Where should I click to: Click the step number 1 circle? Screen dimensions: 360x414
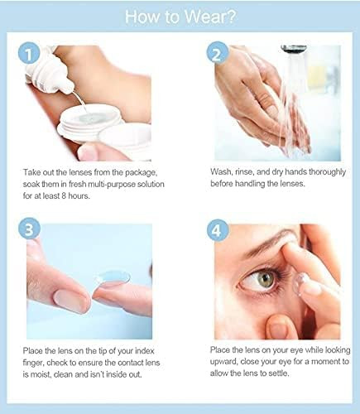(x=29, y=55)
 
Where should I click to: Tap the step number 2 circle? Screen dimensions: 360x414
(x=218, y=53)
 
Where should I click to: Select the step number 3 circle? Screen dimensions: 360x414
(x=29, y=229)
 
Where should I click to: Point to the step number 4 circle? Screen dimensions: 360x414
(x=218, y=230)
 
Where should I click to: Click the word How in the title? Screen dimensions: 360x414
(x=142, y=17)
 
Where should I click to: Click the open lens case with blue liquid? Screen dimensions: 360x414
(x=90, y=122)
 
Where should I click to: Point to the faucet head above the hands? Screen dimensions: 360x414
(x=294, y=49)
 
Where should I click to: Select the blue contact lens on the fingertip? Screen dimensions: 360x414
(x=113, y=277)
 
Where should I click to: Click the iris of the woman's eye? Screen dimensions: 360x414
(x=266, y=279)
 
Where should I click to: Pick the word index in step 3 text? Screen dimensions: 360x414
(x=144, y=351)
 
